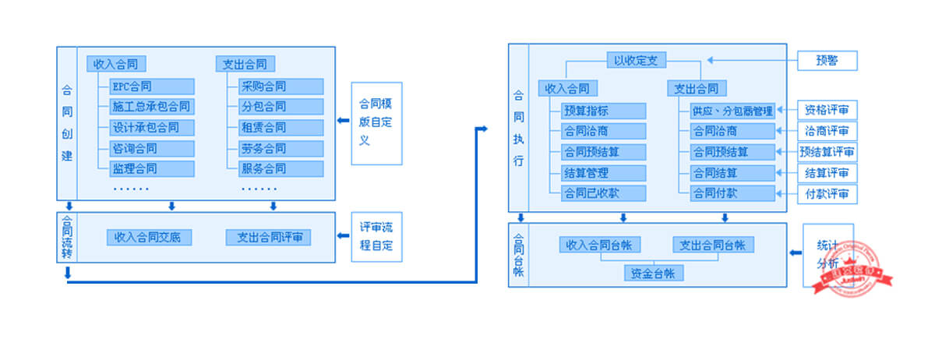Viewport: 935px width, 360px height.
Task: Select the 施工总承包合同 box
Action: [x=151, y=107]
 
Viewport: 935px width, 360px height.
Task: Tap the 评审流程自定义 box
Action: [x=376, y=237]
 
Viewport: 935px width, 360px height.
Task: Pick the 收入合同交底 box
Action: [x=148, y=237]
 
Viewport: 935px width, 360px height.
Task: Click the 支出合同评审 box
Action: [x=268, y=237]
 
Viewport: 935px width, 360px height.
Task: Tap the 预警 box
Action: [x=827, y=61]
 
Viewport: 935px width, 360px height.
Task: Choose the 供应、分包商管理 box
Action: [x=732, y=111]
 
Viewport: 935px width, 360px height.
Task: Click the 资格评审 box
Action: [x=827, y=111]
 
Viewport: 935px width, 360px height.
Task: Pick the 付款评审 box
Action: [x=827, y=193]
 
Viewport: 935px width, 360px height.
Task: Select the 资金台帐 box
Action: [x=654, y=273]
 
